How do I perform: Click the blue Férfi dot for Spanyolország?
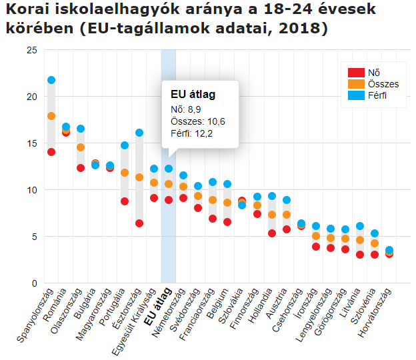point(51,80)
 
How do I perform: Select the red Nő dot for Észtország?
point(139,223)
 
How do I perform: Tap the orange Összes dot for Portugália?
point(125,173)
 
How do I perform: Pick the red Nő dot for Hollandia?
point(272,233)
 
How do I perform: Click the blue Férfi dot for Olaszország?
point(81,129)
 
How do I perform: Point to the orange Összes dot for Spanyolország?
point(51,116)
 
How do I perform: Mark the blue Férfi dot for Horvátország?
point(389,250)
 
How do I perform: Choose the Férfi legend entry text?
point(377,95)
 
